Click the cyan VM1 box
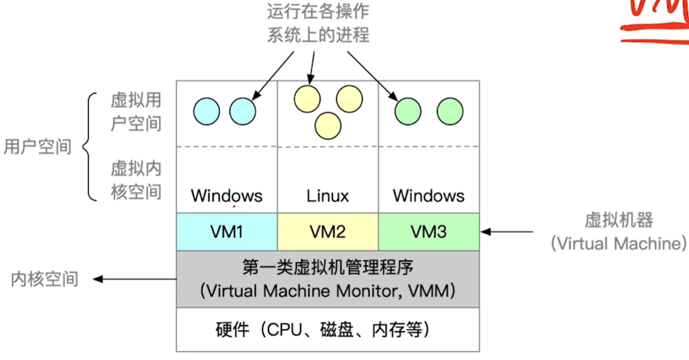coord(227,232)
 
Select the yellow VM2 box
coord(328,232)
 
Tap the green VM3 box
coord(428,232)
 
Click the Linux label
coord(328,196)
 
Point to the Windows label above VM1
coord(227,196)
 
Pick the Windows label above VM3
coord(428,196)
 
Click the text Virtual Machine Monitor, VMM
coord(328,291)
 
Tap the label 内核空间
coord(45,279)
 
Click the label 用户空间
coord(38,146)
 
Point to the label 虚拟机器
coord(619,221)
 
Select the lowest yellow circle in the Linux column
coord(328,125)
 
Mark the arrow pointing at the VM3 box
coord(507,232)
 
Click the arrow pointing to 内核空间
coord(134,279)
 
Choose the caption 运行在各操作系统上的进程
coord(318,23)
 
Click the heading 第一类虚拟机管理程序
coord(328,267)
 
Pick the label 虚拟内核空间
coord(136,180)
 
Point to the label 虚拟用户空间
coord(136,112)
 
